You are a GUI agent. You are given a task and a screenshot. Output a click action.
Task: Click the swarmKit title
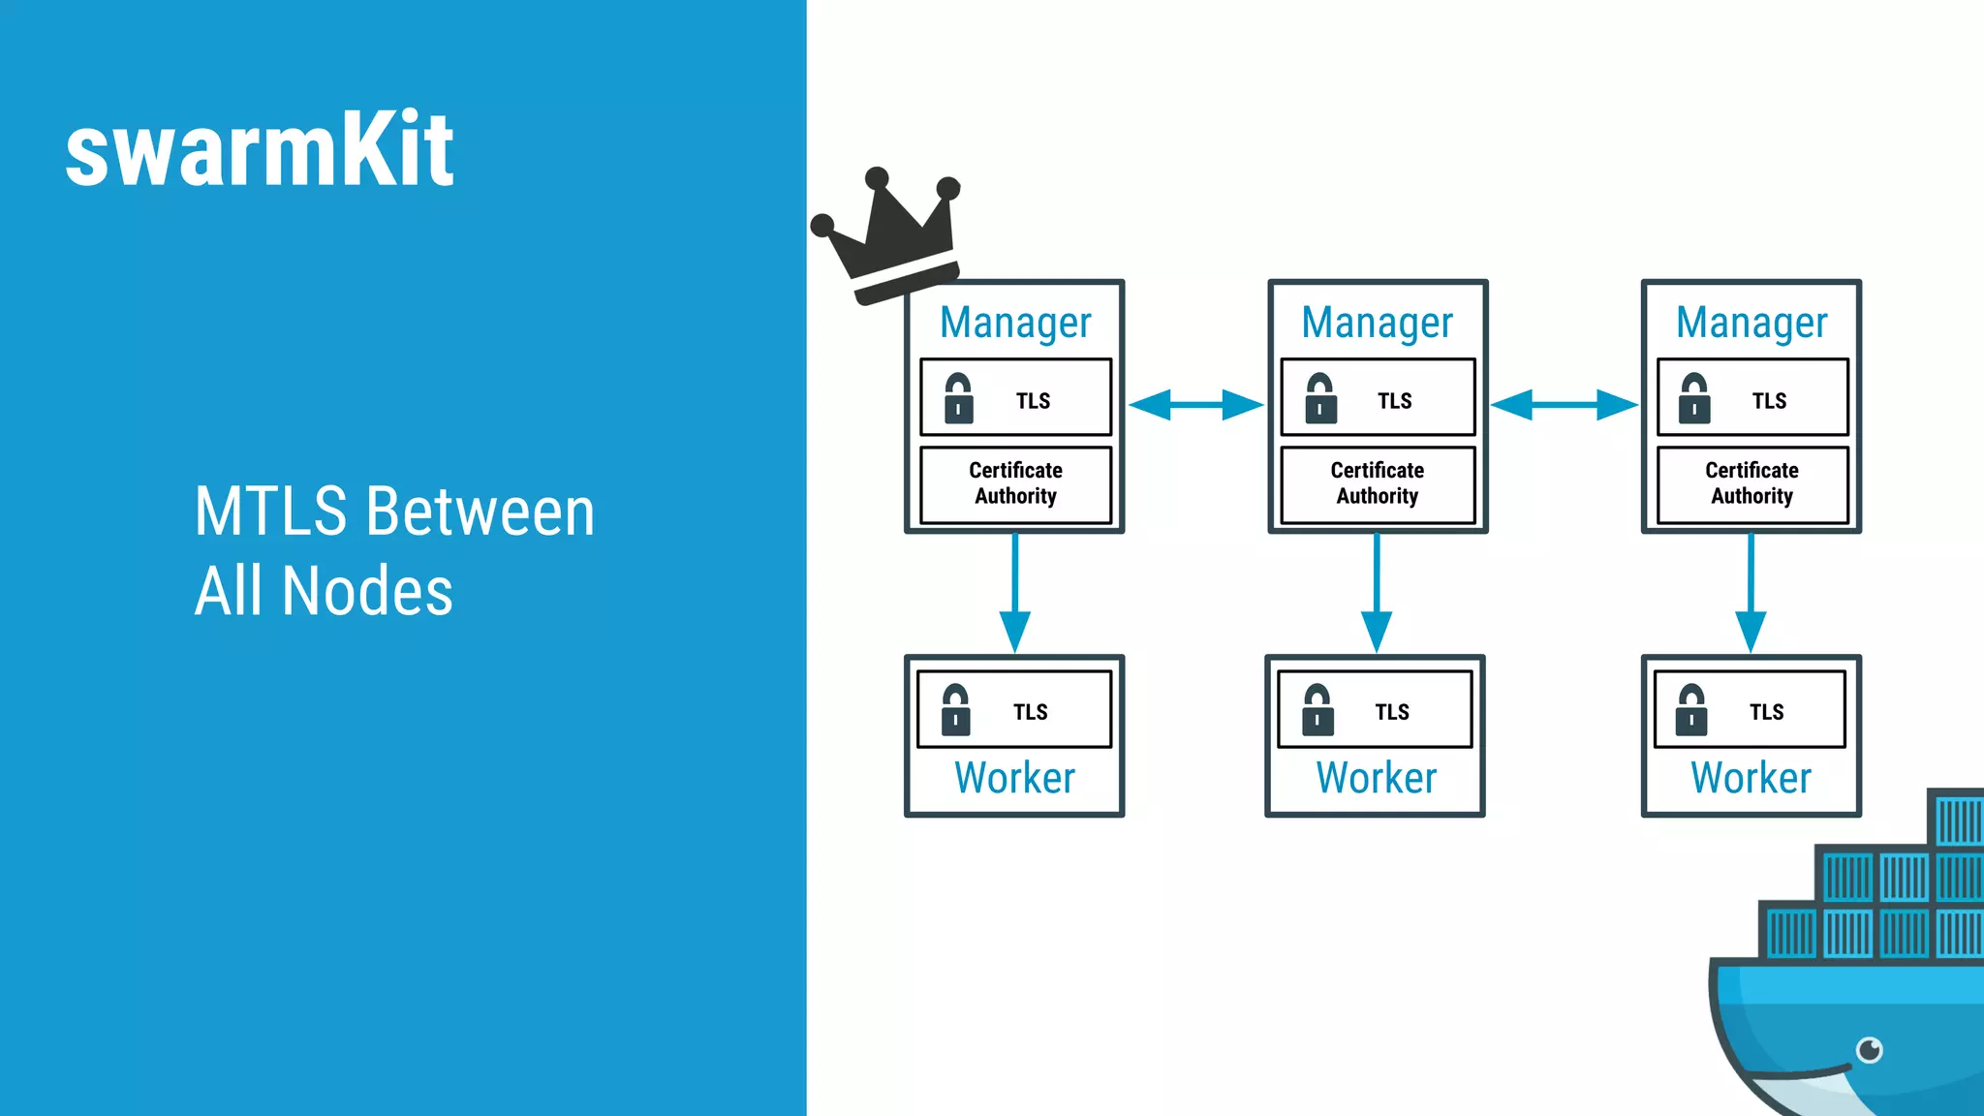(260, 149)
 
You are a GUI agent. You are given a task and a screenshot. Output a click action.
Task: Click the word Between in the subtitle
(480, 511)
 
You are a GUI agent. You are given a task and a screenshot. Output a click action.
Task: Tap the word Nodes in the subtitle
(367, 591)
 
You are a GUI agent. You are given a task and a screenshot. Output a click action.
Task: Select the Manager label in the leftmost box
(1015, 323)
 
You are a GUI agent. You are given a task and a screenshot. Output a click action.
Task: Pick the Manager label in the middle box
(1377, 323)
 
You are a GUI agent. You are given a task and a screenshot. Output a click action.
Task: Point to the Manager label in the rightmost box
(1751, 323)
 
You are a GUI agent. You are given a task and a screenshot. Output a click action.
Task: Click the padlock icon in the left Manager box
(958, 398)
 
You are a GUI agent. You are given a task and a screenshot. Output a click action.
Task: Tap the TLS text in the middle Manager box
(1395, 401)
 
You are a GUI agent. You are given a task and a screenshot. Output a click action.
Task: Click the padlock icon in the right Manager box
(1694, 398)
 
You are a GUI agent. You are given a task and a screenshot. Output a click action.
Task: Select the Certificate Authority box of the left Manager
(1015, 483)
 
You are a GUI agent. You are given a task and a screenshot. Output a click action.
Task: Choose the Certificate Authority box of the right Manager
(1751, 483)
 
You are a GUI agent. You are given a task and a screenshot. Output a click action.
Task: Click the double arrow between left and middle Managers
(1196, 405)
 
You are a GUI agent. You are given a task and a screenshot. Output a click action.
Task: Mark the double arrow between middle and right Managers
(1564, 405)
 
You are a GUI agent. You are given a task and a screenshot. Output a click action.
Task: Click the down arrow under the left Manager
(1014, 593)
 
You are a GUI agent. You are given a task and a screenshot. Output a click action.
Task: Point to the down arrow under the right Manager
(1751, 593)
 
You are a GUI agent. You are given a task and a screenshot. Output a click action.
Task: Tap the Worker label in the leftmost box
(1014, 778)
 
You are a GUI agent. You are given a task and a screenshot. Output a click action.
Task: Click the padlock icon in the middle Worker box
(1317, 710)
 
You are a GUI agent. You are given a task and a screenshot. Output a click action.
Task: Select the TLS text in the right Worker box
(1767, 712)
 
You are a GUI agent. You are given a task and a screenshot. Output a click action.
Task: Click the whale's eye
(1870, 1049)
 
